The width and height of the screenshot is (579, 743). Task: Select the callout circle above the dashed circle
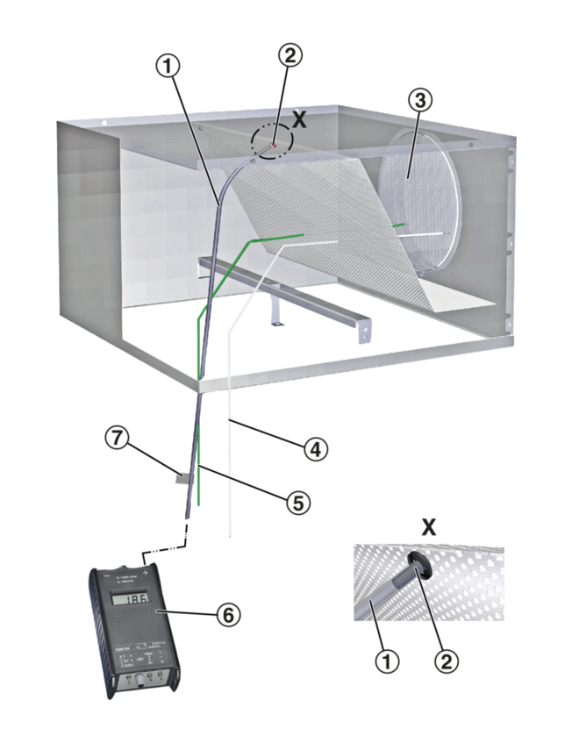[x=290, y=54]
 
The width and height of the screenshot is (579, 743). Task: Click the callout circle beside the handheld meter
[x=229, y=616]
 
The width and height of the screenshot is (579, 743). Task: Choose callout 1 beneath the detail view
[x=387, y=661]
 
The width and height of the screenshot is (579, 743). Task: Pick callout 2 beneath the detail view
[x=447, y=661]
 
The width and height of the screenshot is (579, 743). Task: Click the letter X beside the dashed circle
[x=299, y=120]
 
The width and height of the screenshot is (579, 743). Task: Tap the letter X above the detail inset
[x=428, y=526]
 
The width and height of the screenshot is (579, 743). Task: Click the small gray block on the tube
[x=182, y=479]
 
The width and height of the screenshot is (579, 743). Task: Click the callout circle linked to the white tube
[x=316, y=451]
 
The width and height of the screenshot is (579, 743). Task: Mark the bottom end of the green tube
[x=198, y=506]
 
